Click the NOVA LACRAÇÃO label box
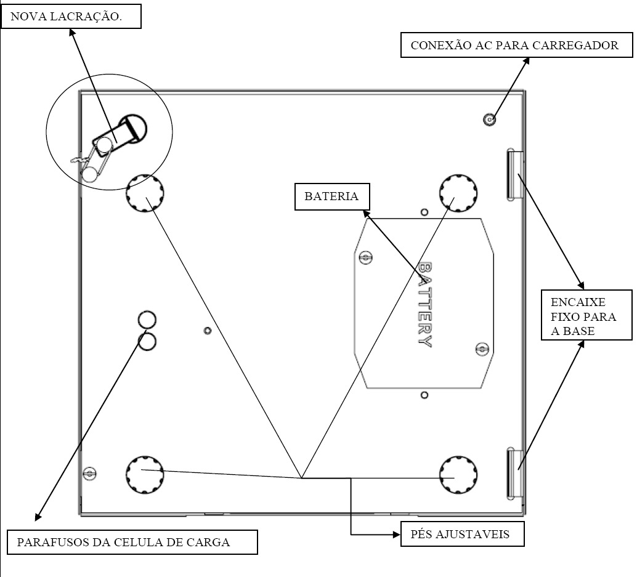(x=71, y=17)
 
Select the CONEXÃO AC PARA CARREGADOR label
(x=516, y=45)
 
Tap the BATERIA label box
(x=332, y=196)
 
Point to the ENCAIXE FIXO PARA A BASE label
(x=586, y=315)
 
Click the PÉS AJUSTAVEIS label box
(x=462, y=534)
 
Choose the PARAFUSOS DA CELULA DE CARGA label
(x=132, y=542)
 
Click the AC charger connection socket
(x=490, y=119)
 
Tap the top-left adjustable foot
(x=145, y=193)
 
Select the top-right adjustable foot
(x=458, y=193)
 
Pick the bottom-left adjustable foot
(x=145, y=475)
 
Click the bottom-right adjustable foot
(x=458, y=475)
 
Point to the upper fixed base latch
(x=515, y=175)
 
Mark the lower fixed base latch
(x=515, y=473)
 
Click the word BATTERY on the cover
(x=425, y=305)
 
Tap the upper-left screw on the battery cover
(x=365, y=257)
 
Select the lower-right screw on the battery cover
(x=482, y=349)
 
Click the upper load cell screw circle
(x=147, y=319)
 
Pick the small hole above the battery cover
(x=424, y=212)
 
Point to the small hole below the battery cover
(x=424, y=395)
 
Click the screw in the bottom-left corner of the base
(x=89, y=474)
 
